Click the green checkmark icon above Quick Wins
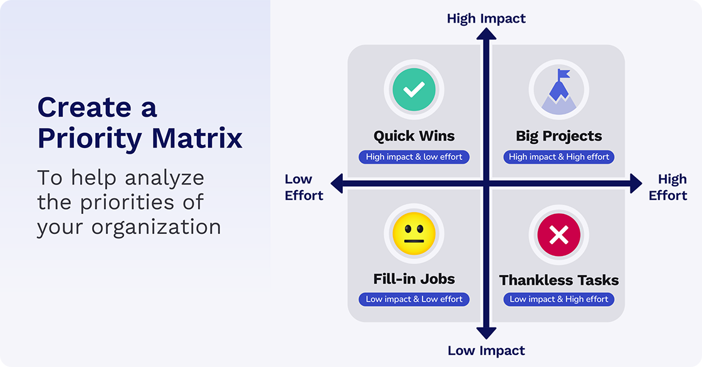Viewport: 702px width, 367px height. click(414, 90)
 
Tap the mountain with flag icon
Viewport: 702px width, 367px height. click(558, 90)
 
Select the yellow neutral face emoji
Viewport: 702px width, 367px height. click(414, 234)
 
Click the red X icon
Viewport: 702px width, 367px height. click(558, 235)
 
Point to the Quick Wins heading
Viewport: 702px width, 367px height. click(414, 136)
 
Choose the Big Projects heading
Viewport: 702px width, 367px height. click(558, 136)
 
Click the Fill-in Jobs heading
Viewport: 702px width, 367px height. click(414, 279)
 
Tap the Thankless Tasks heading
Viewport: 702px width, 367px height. click(558, 280)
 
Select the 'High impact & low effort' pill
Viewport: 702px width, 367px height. click(414, 157)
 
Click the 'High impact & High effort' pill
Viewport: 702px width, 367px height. click(558, 157)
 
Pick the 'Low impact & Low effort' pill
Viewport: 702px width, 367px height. click(414, 299)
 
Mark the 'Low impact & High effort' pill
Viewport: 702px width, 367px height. click(558, 299)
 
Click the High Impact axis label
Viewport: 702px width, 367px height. click(486, 18)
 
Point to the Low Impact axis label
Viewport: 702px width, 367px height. click(486, 351)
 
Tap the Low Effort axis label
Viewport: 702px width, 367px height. click(304, 188)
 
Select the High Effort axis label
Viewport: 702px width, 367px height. click(668, 188)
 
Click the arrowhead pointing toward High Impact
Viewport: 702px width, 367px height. click(486, 35)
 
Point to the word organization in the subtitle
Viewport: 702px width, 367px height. click(156, 226)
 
